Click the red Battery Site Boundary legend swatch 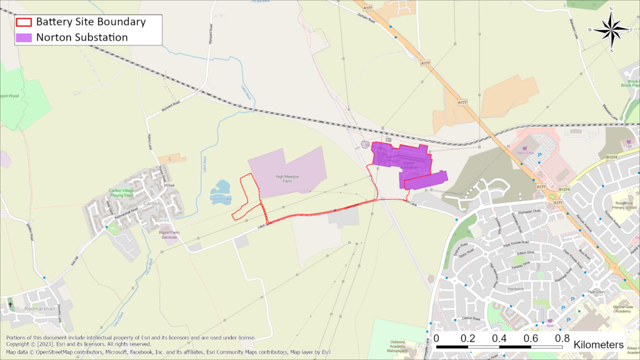tap(24, 22)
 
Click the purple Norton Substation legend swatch tap(24, 37)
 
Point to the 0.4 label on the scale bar tap(499, 338)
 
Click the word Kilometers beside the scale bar tap(598, 344)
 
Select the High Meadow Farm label tap(288, 179)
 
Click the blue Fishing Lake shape tap(221, 187)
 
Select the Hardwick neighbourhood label tap(516, 289)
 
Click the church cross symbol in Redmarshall tap(11, 304)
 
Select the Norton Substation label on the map tap(409, 164)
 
